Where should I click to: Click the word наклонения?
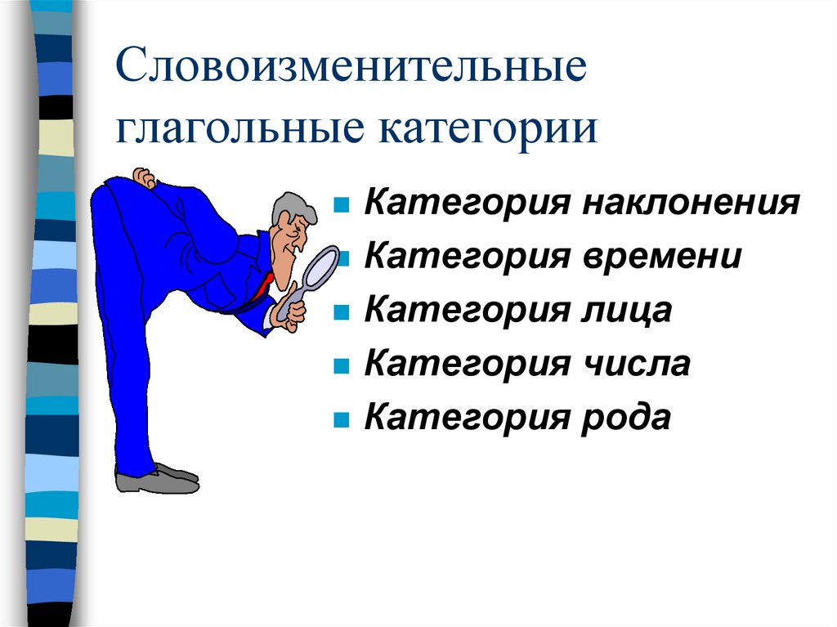691,203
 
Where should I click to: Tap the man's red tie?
263,285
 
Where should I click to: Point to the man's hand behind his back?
145,177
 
